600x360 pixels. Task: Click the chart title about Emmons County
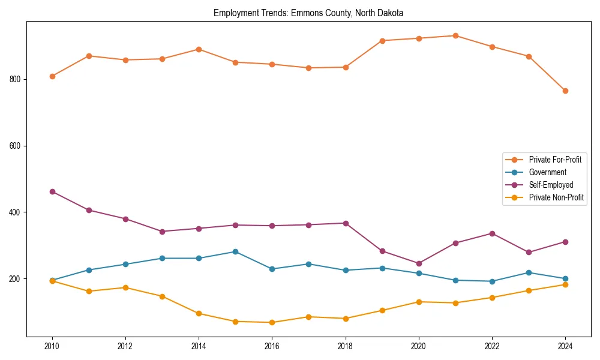[308, 13]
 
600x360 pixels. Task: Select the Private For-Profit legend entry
[554, 160]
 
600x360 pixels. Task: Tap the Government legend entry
[547, 172]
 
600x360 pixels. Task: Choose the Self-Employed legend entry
[551, 185]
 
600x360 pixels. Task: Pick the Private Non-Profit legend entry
[556, 197]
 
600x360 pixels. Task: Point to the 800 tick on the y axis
[16, 79]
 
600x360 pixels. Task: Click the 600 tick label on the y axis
[16, 146]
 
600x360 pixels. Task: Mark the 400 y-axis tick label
[16, 212]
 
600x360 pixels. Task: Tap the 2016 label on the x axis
[272, 346]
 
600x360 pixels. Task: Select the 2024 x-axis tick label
[565, 346]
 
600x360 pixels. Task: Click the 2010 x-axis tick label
[52, 346]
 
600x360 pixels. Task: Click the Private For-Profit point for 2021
[455, 35]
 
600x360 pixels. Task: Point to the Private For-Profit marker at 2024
[565, 91]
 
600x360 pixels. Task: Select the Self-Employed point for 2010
[52, 191]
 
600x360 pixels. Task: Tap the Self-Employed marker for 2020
[419, 263]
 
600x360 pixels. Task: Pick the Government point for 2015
[235, 251]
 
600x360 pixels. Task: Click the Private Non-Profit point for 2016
[272, 322]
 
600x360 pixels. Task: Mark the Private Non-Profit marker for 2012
[125, 287]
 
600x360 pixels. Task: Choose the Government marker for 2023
[529, 272]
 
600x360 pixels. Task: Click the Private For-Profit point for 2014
[199, 49]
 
